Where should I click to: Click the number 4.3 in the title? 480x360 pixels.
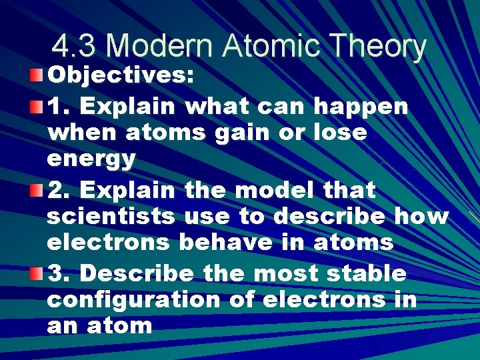click(x=75, y=47)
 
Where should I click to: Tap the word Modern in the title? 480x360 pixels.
click(x=161, y=47)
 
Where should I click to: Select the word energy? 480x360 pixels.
click(x=91, y=160)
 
